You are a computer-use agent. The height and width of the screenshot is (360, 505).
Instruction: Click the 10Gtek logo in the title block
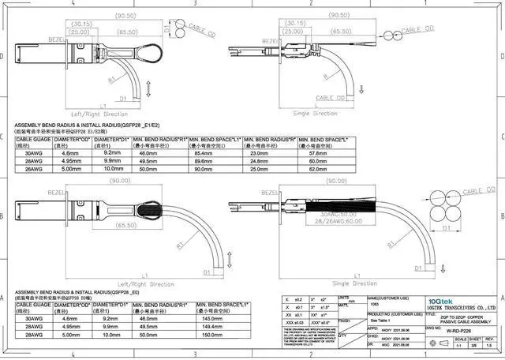pos(440,301)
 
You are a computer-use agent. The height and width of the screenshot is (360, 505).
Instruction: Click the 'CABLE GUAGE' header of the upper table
pos(33,139)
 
